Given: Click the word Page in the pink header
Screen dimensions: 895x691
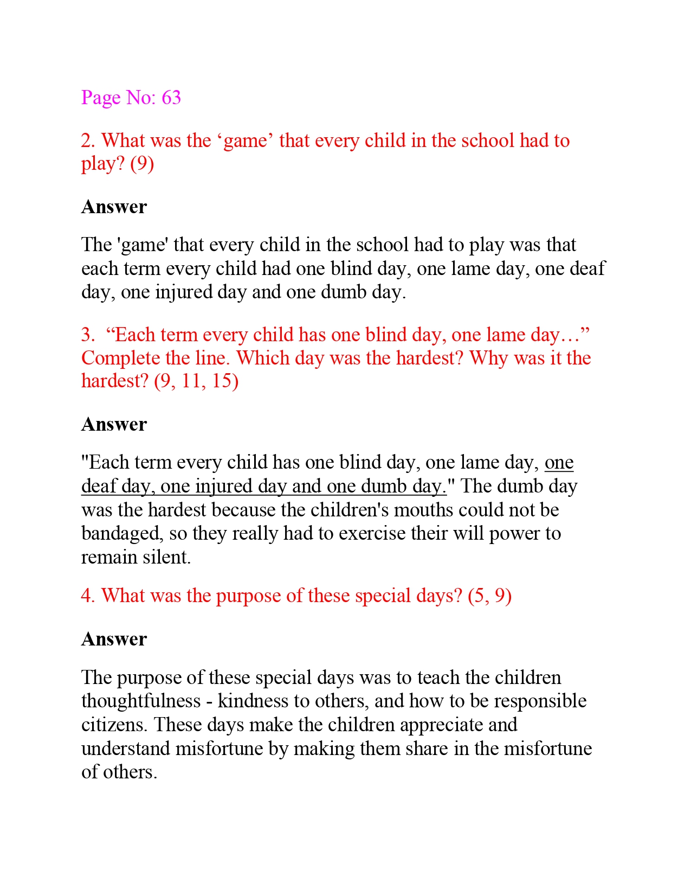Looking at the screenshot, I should click(x=101, y=98).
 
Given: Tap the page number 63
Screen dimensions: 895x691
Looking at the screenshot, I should click(x=171, y=98).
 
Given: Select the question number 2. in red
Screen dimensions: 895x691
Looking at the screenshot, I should click(x=88, y=141).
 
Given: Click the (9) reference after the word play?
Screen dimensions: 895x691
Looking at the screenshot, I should click(x=142, y=164).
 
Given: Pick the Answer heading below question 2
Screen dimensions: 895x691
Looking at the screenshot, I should click(x=114, y=207).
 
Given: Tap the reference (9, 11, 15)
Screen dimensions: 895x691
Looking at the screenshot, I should click(x=196, y=381).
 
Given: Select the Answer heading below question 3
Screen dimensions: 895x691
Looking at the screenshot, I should click(x=114, y=425).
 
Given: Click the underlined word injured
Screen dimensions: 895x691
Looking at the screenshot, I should click(x=224, y=487).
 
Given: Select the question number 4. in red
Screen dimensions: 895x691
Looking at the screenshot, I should click(x=88, y=596).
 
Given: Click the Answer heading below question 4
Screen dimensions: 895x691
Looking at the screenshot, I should click(x=114, y=640).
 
